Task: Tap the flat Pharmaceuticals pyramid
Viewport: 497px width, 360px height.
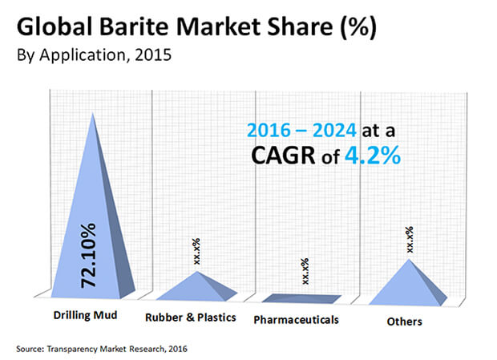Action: (301, 298)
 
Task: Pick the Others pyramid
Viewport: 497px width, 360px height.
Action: (408, 285)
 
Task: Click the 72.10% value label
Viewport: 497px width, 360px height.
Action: (88, 256)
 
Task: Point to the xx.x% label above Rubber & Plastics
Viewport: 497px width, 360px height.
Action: (197, 251)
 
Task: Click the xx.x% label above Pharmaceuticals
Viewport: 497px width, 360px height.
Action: (305, 271)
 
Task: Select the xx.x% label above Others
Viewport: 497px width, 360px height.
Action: (410, 240)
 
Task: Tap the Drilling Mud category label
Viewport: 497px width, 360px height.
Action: (85, 315)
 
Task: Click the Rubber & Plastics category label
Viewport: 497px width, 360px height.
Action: (191, 318)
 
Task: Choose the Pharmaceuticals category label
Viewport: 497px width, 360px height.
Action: (297, 320)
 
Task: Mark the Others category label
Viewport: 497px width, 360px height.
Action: (405, 322)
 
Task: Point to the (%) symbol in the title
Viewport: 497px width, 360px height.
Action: (358, 27)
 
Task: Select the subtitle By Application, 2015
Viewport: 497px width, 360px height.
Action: (94, 55)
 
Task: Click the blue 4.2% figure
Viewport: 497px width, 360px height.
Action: (373, 156)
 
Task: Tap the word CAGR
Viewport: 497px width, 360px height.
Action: (283, 156)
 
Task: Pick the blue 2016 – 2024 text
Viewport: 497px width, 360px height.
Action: (301, 130)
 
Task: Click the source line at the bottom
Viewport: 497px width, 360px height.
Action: (102, 349)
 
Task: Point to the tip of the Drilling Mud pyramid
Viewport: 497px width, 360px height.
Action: (92, 112)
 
